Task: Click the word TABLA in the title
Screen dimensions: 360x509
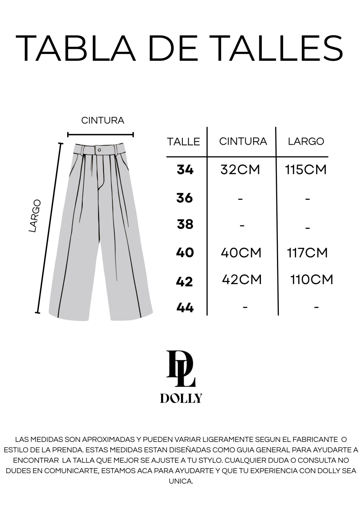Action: click(x=76, y=48)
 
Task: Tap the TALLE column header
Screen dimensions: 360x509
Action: click(x=183, y=142)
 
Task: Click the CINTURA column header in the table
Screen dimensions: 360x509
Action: click(x=243, y=141)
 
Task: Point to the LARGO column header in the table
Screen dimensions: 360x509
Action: click(x=306, y=141)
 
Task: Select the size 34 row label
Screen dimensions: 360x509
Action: click(x=185, y=170)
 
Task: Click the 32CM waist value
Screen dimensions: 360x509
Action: click(x=240, y=170)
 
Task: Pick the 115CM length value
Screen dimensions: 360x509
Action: click(x=306, y=170)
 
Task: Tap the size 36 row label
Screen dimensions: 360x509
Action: click(x=185, y=198)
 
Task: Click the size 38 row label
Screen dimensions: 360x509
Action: click(x=185, y=224)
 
